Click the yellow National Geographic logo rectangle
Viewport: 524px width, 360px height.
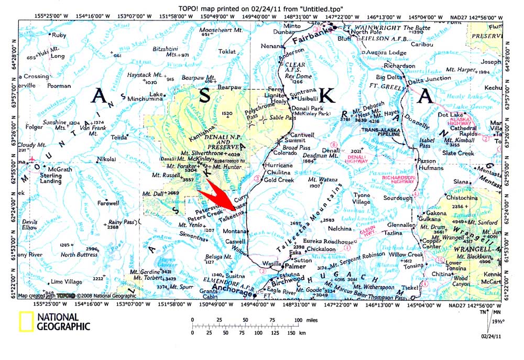click(x=27, y=322)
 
